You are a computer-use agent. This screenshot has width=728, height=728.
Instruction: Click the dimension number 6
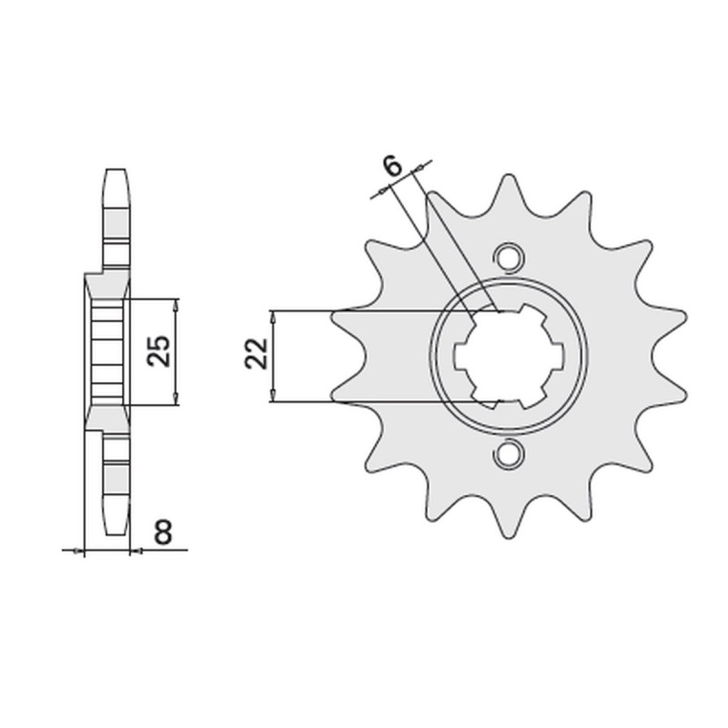click(x=393, y=167)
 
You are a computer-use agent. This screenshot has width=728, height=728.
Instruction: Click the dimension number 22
click(x=257, y=354)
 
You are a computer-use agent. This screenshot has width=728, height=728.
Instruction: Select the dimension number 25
click(x=158, y=351)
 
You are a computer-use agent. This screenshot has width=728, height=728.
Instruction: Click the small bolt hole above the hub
click(x=510, y=257)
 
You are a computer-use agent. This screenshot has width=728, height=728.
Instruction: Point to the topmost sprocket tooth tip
click(x=510, y=177)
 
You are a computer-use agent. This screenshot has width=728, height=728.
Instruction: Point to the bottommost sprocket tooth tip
click(x=510, y=537)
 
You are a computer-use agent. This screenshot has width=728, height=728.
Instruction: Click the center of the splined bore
click(x=510, y=356)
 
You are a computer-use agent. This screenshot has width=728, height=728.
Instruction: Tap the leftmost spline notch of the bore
click(x=460, y=356)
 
